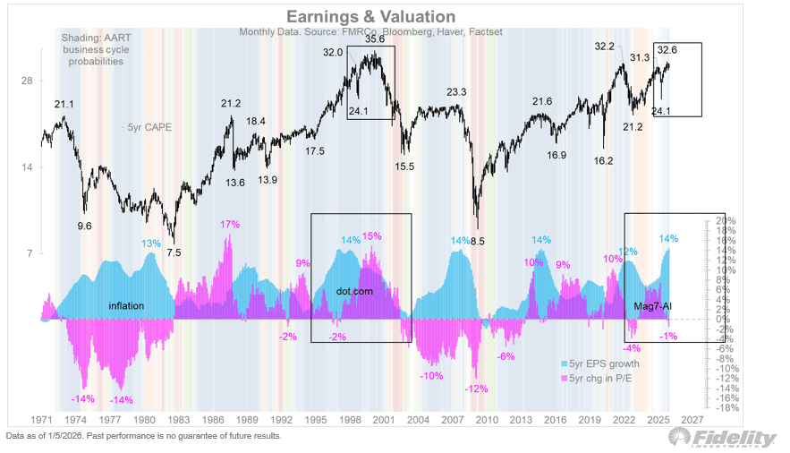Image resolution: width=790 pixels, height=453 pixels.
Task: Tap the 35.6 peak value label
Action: tap(375, 39)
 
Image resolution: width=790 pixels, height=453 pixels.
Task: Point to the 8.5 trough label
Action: tap(478, 241)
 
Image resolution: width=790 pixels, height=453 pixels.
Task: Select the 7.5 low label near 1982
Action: tap(174, 252)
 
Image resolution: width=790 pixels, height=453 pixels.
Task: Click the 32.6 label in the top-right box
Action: tap(668, 50)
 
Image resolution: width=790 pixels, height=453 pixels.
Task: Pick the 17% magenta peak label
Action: tap(231, 224)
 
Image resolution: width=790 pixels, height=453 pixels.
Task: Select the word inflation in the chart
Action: tap(127, 306)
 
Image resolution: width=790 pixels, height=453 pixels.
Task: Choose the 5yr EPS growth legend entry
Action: tap(605, 363)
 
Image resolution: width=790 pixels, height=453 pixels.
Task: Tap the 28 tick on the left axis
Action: tap(27, 81)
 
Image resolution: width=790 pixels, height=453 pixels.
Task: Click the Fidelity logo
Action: tap(723, 437)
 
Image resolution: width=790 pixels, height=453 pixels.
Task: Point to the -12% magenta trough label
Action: tap(476, 389)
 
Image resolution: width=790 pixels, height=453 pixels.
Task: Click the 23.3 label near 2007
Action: tap(456, 92)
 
